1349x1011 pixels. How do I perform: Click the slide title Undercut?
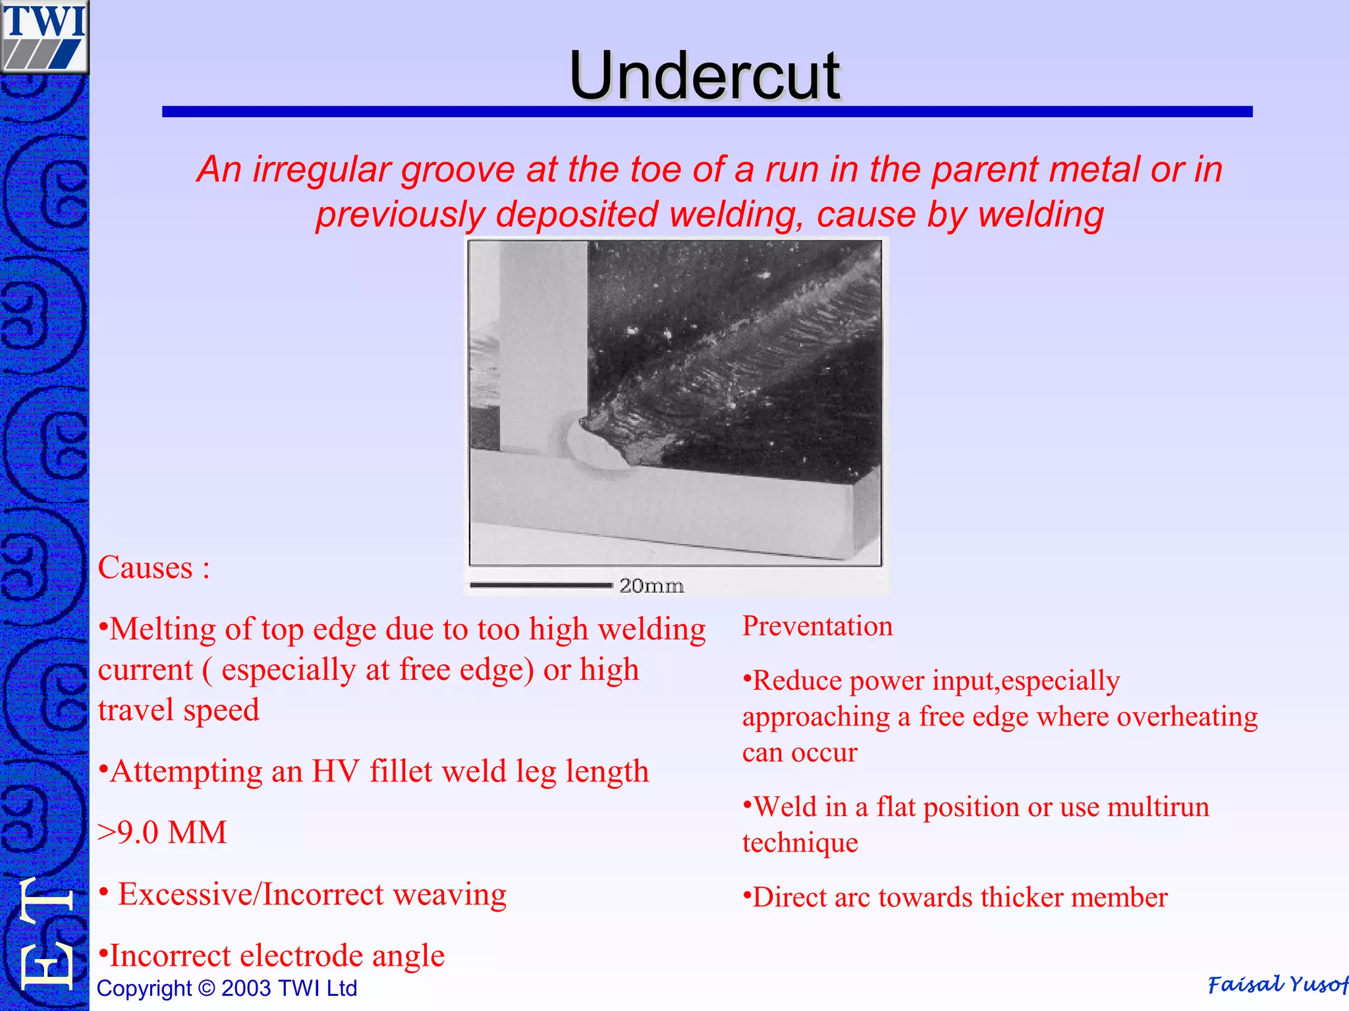[704, 76]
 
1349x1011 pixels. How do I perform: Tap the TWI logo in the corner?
[44, 36]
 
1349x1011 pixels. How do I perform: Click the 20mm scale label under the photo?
[651, 585]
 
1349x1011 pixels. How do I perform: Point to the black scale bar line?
[540, 584]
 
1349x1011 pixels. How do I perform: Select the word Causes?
[146, 567]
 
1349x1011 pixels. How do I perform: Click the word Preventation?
[817, 626]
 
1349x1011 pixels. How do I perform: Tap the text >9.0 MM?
[162, 832]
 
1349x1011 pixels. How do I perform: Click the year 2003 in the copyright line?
[246, 989]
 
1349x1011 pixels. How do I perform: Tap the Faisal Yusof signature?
[1277, 985]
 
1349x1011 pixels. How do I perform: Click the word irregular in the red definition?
[322, 170]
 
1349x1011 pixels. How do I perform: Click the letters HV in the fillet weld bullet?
[335, 771]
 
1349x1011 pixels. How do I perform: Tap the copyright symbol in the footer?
[207, 989]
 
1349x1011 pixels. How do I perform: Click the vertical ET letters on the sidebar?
[46, 935]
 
